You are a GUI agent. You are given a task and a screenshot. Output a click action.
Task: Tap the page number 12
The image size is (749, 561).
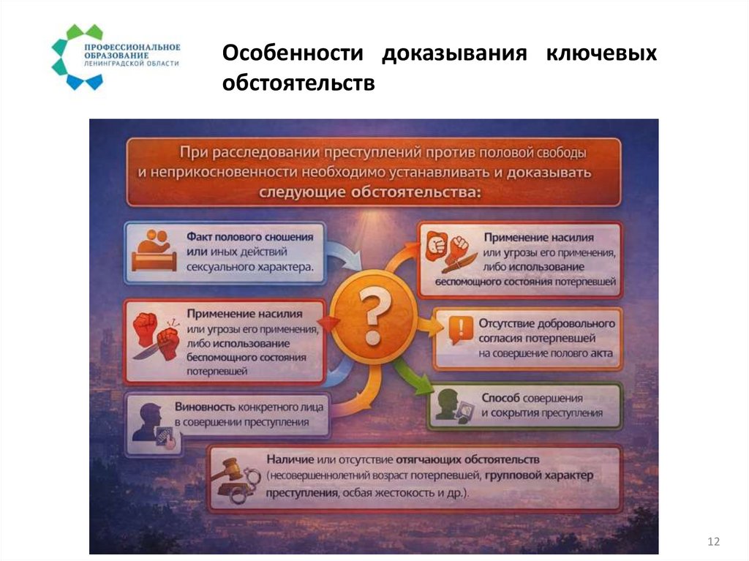pyautogui.click(x=714, y=541)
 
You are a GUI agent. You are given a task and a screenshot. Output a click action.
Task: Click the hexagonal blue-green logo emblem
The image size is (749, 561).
pyautogui.click(x=76, y=56)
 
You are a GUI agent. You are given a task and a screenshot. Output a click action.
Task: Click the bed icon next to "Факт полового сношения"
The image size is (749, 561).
pyautogui.click(x=154, y=251)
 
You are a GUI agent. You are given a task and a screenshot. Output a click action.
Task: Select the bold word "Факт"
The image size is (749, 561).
pyautogui.click(x=201, y=238)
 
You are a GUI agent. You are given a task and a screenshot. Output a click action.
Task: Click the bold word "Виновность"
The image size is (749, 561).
pyautogui.click(x=204, y=407)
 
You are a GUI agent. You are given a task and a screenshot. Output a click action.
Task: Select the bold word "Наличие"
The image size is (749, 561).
pyautogui.click(x=290, y=459)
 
